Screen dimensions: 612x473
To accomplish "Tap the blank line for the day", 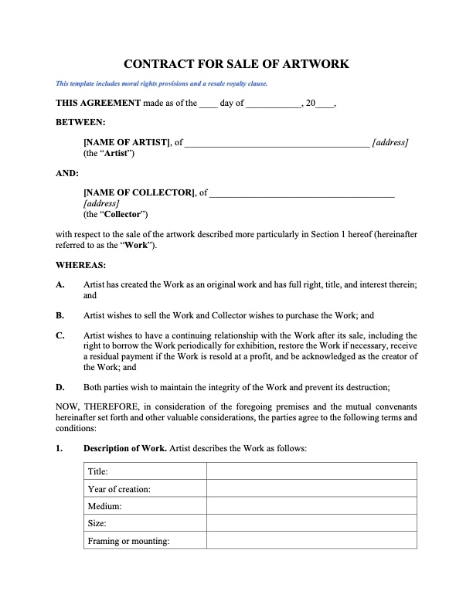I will [209, 104].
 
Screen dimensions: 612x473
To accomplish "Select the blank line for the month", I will [273, 104].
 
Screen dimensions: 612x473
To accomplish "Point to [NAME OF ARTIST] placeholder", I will [127, 143].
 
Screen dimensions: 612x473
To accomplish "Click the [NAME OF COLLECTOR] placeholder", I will [139, 192].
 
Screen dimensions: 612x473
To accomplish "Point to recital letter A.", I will [60, 285].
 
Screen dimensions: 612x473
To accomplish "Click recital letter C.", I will [60, 335].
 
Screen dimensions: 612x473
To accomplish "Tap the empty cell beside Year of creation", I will [311, 489].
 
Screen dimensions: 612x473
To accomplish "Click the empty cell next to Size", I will [311, 524].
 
